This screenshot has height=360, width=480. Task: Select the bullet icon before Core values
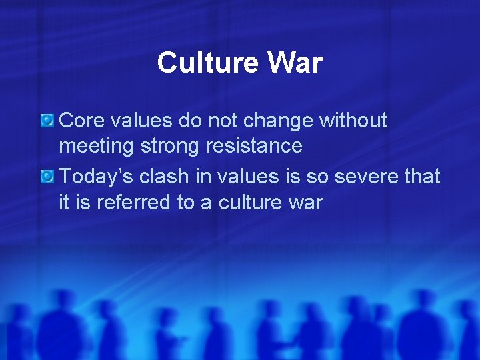point(47,121)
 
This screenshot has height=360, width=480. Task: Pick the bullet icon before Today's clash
point(47,177)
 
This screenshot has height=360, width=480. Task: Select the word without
point(353,121)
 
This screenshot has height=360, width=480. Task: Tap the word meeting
point(98,146)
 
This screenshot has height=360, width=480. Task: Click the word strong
point(175,146)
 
